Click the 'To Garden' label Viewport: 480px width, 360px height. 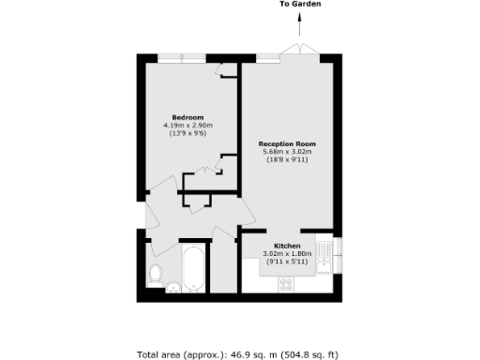tap(300, 5)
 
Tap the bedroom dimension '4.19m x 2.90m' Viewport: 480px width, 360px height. tap(187, 126)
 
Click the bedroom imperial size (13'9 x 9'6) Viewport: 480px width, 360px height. tap(187, 134)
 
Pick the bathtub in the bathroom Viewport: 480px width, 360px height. tap(194, 269)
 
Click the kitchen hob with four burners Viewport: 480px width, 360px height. tap(284, 287)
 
